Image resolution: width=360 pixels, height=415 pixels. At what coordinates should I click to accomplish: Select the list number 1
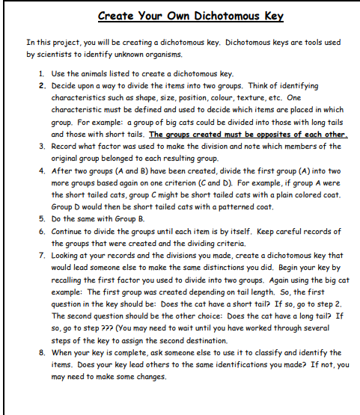(40, 74)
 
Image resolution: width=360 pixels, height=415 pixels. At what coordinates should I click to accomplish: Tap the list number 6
(40, 232)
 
